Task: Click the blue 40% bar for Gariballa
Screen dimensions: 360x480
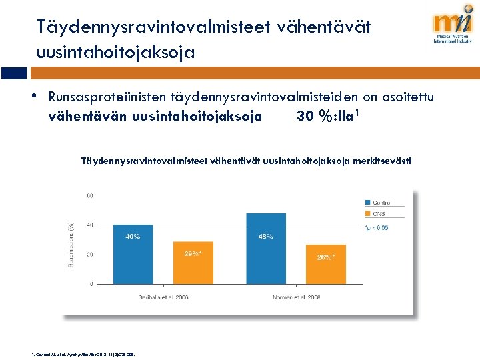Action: click(x=133, y=254)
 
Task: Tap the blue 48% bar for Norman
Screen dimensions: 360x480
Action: click(x=265, y=248)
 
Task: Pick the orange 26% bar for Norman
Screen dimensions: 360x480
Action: click(x=325, y=265)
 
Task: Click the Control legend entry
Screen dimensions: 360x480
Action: click(x=383, y=202)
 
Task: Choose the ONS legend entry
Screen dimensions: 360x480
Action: click(x=380, y=213)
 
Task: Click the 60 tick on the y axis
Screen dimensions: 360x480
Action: click(x=89, y=195)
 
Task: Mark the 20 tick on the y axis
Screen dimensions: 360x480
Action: click(x=89, y=255)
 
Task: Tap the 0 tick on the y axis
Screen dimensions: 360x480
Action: click(x=91, y=285)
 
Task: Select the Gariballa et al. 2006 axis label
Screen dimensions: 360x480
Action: click(x=163, y=297)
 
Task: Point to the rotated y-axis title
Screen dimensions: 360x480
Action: click(x=71, y=245)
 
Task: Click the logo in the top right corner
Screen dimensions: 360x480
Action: click(x=453, y=27)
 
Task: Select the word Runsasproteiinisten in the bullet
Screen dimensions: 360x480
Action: click(x=108, y=97)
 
